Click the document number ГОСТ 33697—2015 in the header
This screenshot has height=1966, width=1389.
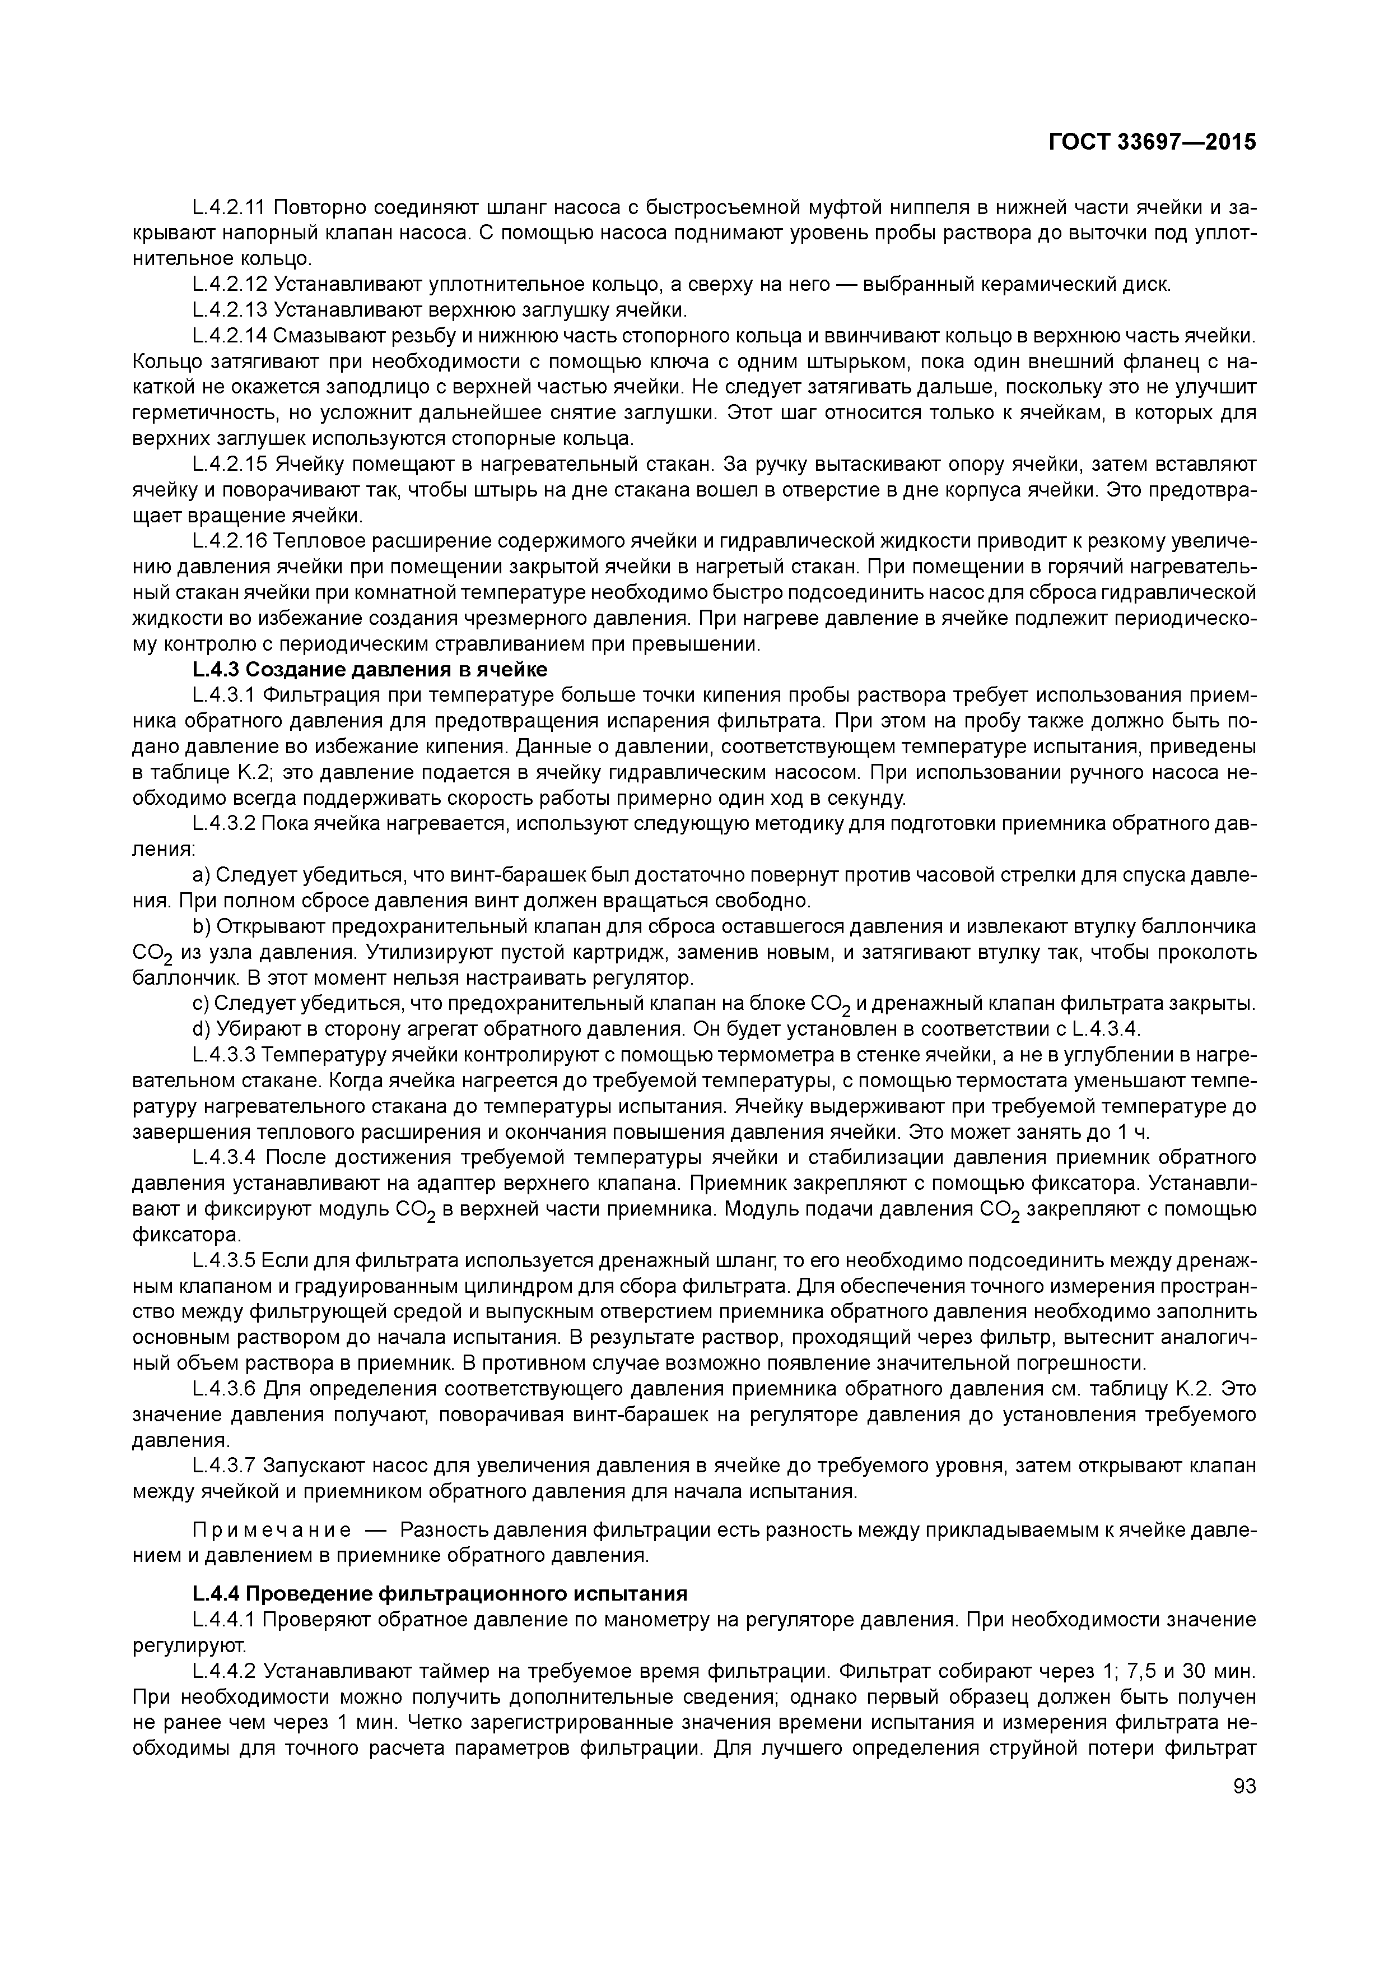(x=1153, y=142)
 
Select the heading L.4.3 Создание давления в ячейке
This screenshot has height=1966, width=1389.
(x=370, y=669)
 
